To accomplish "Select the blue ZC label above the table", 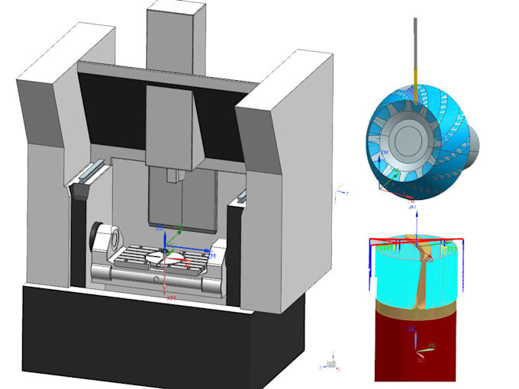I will point(160,228).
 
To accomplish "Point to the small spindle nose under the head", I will point(173,177).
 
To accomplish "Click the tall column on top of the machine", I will point(176,31).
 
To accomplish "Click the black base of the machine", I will point(153,336).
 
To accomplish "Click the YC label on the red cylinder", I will point(431,346).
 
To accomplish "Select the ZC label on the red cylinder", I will point(413,329).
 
